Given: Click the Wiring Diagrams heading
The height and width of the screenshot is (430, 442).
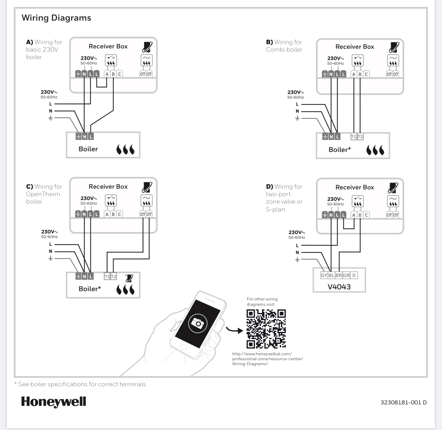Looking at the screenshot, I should (56, 18).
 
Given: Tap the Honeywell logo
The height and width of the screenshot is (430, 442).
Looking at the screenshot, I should (54, 402).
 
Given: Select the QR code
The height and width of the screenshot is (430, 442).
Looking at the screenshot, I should (266, 329).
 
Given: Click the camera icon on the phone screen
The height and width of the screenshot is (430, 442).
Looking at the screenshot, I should (197, 322).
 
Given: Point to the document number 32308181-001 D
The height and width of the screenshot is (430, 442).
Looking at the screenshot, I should (403, 403).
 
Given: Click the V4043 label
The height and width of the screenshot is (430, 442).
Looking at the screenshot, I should (339, 287).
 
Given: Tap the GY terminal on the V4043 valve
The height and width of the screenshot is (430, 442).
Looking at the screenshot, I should (324, 275).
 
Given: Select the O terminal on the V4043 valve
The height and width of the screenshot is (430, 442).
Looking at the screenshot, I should (354, 275).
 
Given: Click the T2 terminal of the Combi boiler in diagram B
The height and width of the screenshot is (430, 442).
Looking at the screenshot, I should (360, 137).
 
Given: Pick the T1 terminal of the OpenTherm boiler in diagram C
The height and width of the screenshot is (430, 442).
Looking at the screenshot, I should (107, 276).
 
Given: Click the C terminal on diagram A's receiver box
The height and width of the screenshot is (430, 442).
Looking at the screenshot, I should (120, 74).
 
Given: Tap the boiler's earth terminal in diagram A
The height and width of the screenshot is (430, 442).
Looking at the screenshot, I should (78, 136).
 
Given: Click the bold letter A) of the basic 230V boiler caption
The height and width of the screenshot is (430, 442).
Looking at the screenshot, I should (30, 42).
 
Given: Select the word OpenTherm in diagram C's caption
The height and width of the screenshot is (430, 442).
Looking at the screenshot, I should (43, 194).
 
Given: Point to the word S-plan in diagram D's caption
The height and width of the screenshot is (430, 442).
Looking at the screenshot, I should (275, 209).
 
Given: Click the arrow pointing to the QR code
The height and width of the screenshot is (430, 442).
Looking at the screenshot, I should (234, 330).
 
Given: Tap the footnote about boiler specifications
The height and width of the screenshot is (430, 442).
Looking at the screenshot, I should (80, 384).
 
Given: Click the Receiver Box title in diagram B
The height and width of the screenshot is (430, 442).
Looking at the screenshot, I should (354, 47).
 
